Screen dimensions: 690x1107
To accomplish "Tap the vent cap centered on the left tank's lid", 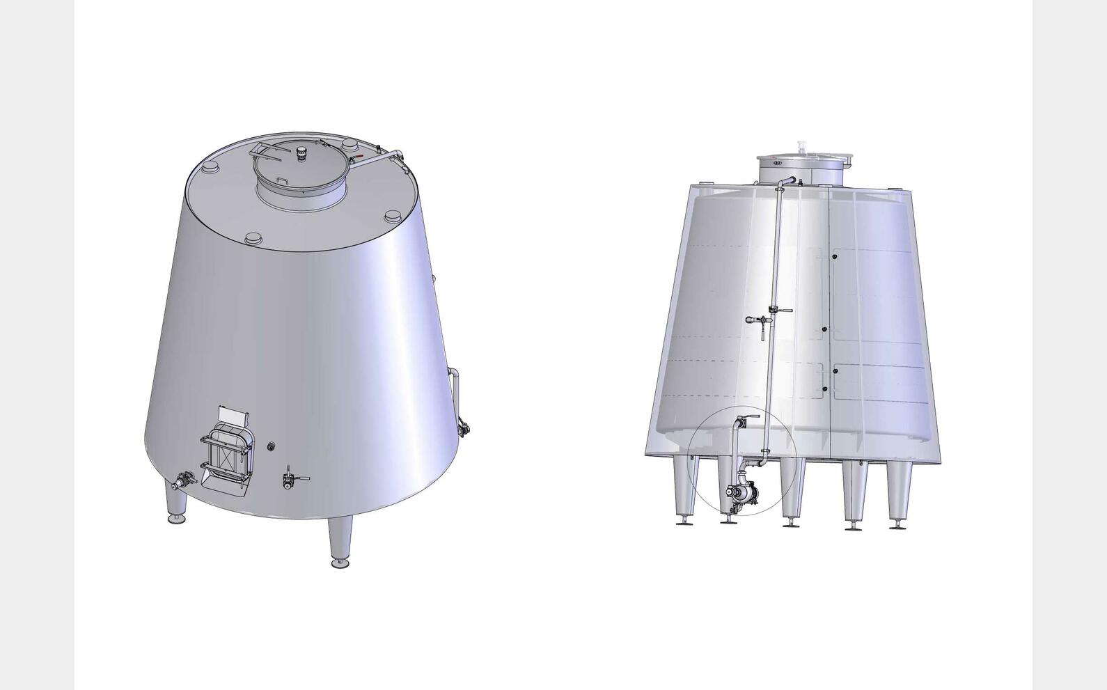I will tap(302, 152).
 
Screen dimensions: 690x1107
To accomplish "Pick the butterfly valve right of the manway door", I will tap(289, 480).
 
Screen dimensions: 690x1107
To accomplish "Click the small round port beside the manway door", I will tap(271, 444).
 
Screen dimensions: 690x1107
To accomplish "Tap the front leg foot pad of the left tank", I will tap(340, 562).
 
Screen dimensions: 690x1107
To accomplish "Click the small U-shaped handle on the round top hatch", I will tap(283, 182).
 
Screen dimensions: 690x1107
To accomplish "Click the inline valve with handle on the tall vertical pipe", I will tap(775, 309).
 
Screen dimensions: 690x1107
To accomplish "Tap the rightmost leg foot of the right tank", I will tap(899, 526).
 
